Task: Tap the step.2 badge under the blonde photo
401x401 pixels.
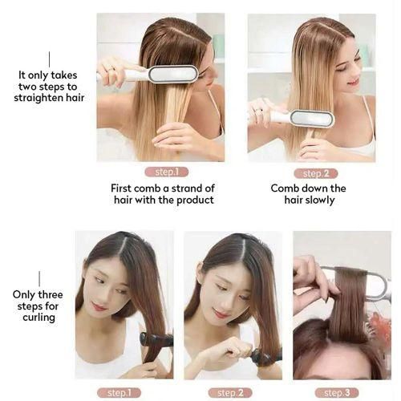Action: (315, 172)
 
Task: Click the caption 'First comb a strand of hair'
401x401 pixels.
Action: (162, 194)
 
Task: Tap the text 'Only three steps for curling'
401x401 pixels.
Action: (34, 306)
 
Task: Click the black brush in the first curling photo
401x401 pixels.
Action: (156, 339)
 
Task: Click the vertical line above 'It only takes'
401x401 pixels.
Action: (49, 59)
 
